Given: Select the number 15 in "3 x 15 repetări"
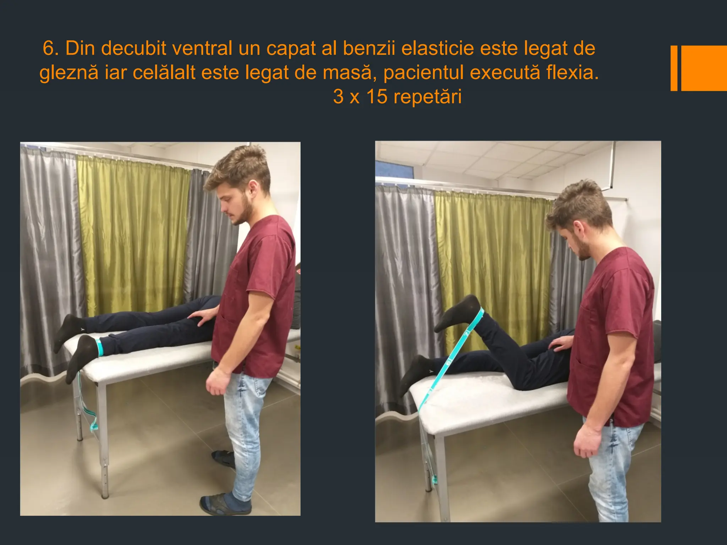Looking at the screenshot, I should (x=377, y=97).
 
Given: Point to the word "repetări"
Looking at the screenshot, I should (x=427, y=97).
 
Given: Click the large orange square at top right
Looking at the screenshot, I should (x=704, y=68).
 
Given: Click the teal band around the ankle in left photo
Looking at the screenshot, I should (x=100, y=347).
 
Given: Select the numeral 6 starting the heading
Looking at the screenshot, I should (x=49, y=48).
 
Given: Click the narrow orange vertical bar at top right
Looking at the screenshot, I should (x=674, y=68).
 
